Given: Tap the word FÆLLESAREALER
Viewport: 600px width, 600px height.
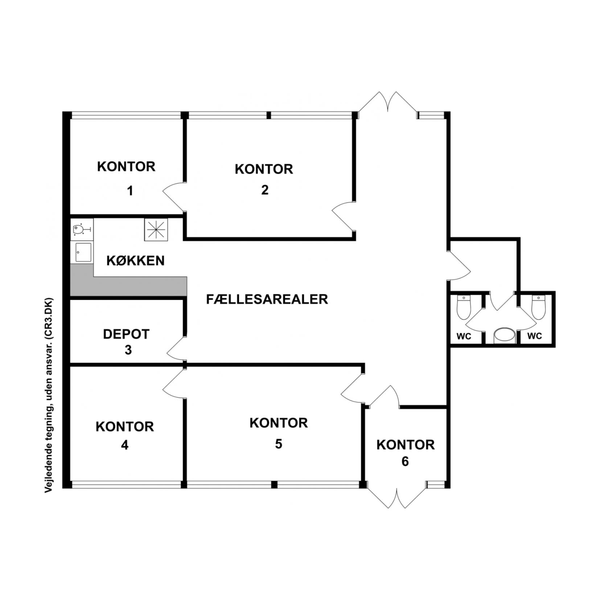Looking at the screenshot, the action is click(x=267, y=299).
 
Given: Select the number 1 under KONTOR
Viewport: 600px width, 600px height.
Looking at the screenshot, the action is click(x=130, y=190).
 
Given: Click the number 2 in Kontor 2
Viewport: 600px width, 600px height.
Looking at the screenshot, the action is click(x=265, y=190).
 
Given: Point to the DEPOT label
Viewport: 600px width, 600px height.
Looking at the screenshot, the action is click(x=126, y=334).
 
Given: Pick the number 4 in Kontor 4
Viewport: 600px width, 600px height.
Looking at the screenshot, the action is click(x=125, y=445).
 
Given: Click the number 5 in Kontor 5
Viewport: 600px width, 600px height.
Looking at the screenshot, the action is click(x=279, y=444).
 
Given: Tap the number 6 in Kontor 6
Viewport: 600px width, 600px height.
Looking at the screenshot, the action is click(x=405, y=461).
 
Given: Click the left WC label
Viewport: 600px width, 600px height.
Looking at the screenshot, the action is click(x=464, y=336).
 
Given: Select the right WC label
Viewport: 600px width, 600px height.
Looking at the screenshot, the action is click(x=534, y=336).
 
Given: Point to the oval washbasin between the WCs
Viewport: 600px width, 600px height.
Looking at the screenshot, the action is click(x=505, y=336).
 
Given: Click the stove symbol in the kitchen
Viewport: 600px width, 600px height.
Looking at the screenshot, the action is click(x=156, y=229).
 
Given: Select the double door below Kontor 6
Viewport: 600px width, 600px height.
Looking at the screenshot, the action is click(x=397, y=497).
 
